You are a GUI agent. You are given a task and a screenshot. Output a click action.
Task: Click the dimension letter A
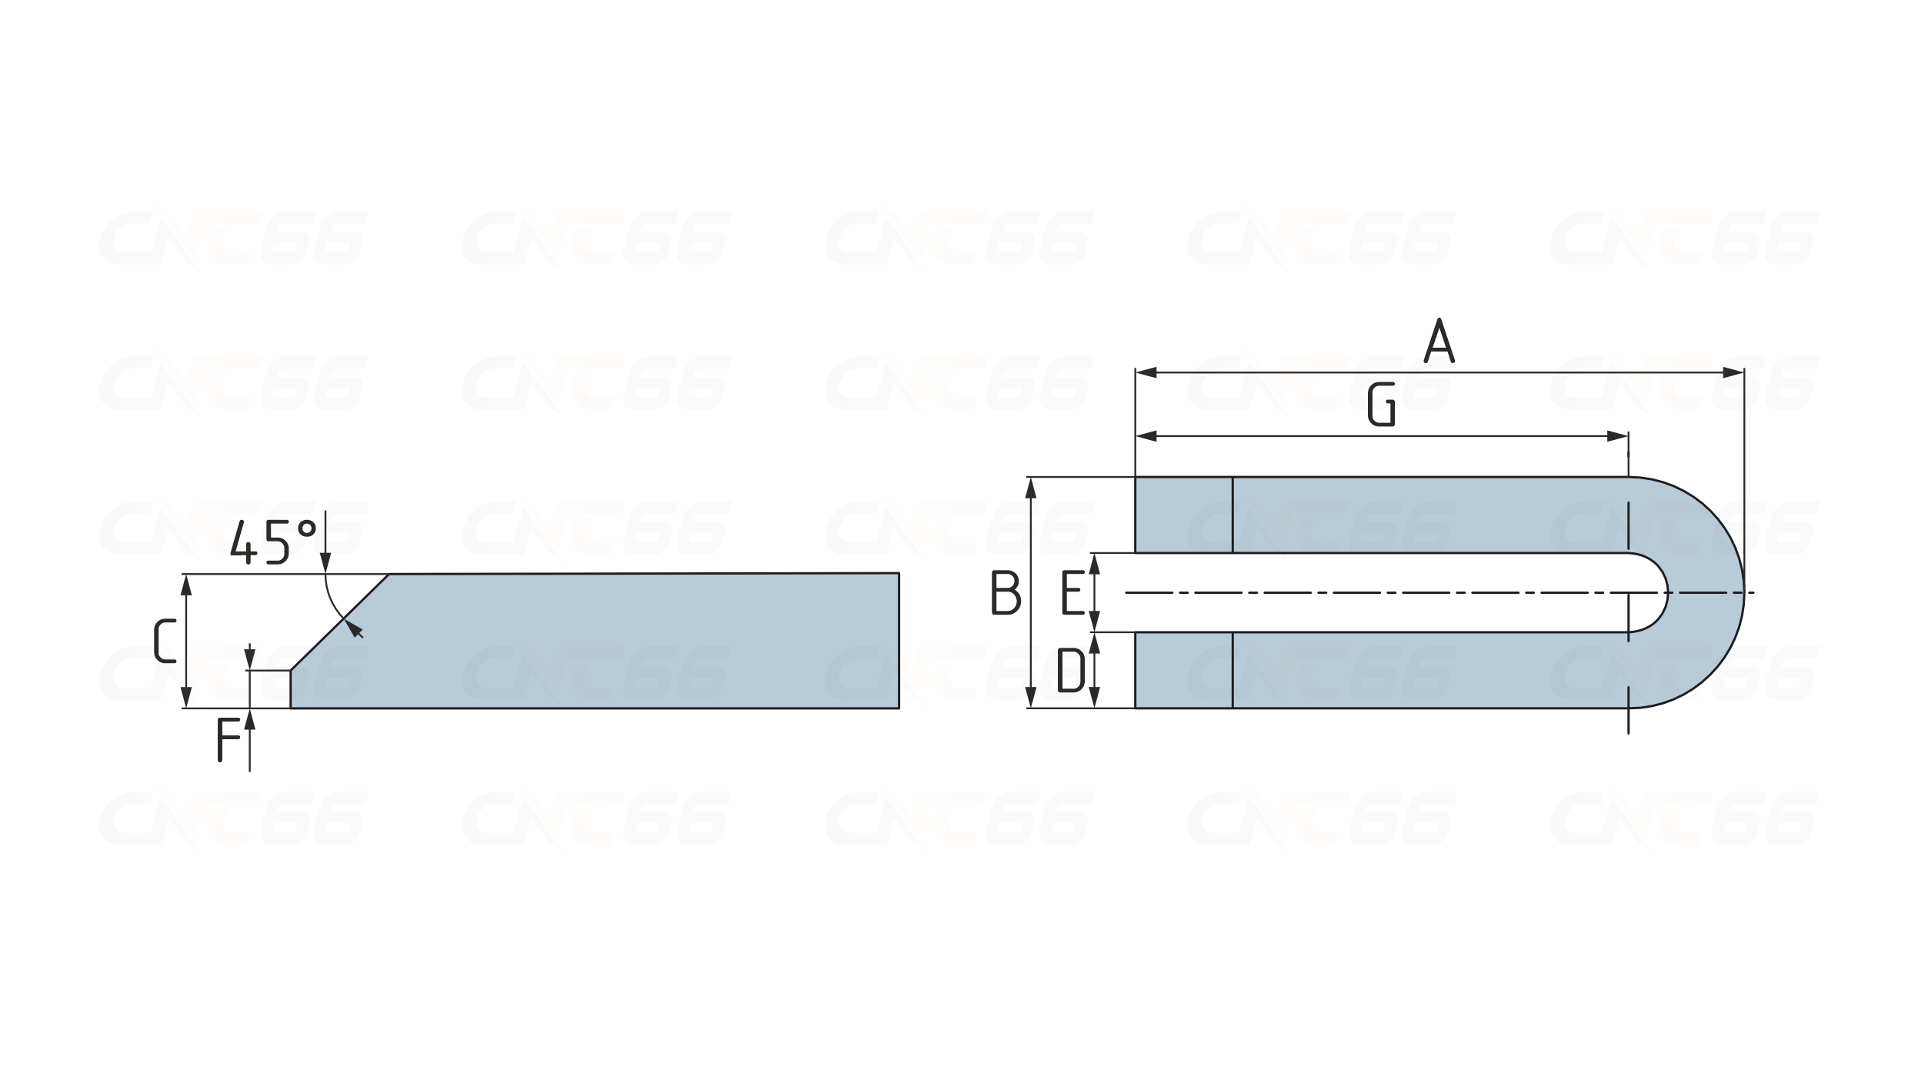click(1439, 341)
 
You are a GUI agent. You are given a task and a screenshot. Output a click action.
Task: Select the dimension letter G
click(1382, 405)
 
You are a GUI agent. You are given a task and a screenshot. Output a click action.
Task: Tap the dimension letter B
click(1006, 592)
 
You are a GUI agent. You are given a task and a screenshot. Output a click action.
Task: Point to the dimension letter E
click(1072, 592)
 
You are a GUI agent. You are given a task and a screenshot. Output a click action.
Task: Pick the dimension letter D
click(1071, 669)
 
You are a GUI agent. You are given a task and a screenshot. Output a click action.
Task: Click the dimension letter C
click(165, 640)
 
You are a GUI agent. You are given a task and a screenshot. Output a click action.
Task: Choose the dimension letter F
click(228, 739)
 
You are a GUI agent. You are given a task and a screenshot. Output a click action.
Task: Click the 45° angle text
click(274, 542)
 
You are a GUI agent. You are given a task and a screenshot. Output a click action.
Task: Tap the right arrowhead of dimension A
click(1733, 373)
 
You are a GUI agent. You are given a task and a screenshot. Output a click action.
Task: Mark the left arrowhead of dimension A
click(1146, 373)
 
